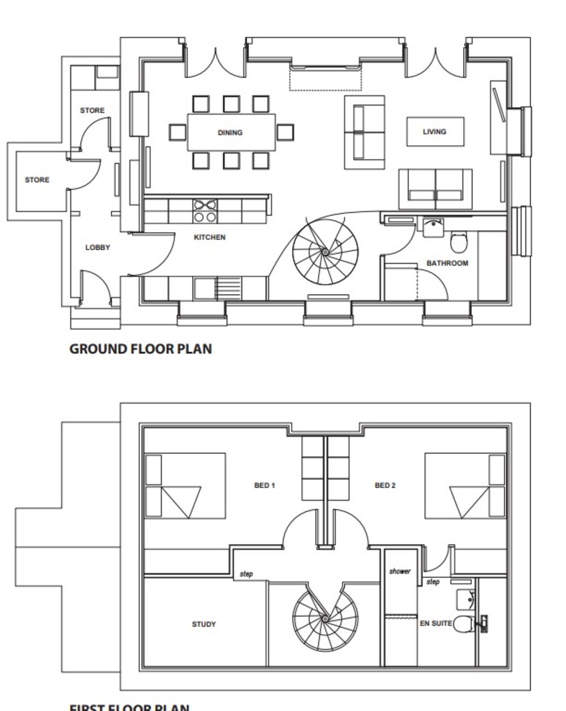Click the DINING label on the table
click(230, 133)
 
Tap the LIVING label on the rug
click(434, 132)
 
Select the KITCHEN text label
click(210, 237)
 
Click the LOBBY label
click(98, 247)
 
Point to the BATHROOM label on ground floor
click(447, 263)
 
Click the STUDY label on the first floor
click(204, 624)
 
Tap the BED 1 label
click(265, 485)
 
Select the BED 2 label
click(385, 485)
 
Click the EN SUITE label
click(436, 623)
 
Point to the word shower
click(400, 572)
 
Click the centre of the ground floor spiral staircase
click(325, 252)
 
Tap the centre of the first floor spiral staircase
click(325, 619)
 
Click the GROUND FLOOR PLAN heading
click(140, 348)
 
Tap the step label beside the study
click(246, 574)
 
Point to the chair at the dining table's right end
click(285, 132)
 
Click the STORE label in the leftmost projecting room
click(37, 180)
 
